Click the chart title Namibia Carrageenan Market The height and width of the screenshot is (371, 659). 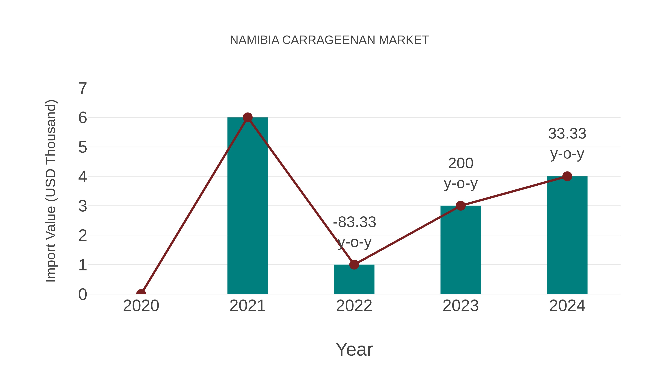coord(329,40)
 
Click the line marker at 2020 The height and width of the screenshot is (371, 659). coord(141,294)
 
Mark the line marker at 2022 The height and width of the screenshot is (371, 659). coord(354,265)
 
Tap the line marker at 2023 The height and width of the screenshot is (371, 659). coord(461,206)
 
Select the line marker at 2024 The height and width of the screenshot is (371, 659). coord(567,176)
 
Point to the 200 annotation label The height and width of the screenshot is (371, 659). coord(461,163)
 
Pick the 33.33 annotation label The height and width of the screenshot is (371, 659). coord(567,134)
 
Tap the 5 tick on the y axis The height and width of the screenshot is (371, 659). coord(83,147)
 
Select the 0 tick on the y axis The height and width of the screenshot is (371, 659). coord(83,294)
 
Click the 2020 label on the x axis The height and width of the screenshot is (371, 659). coord(141,306)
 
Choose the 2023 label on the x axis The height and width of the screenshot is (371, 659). coord(461,306)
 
